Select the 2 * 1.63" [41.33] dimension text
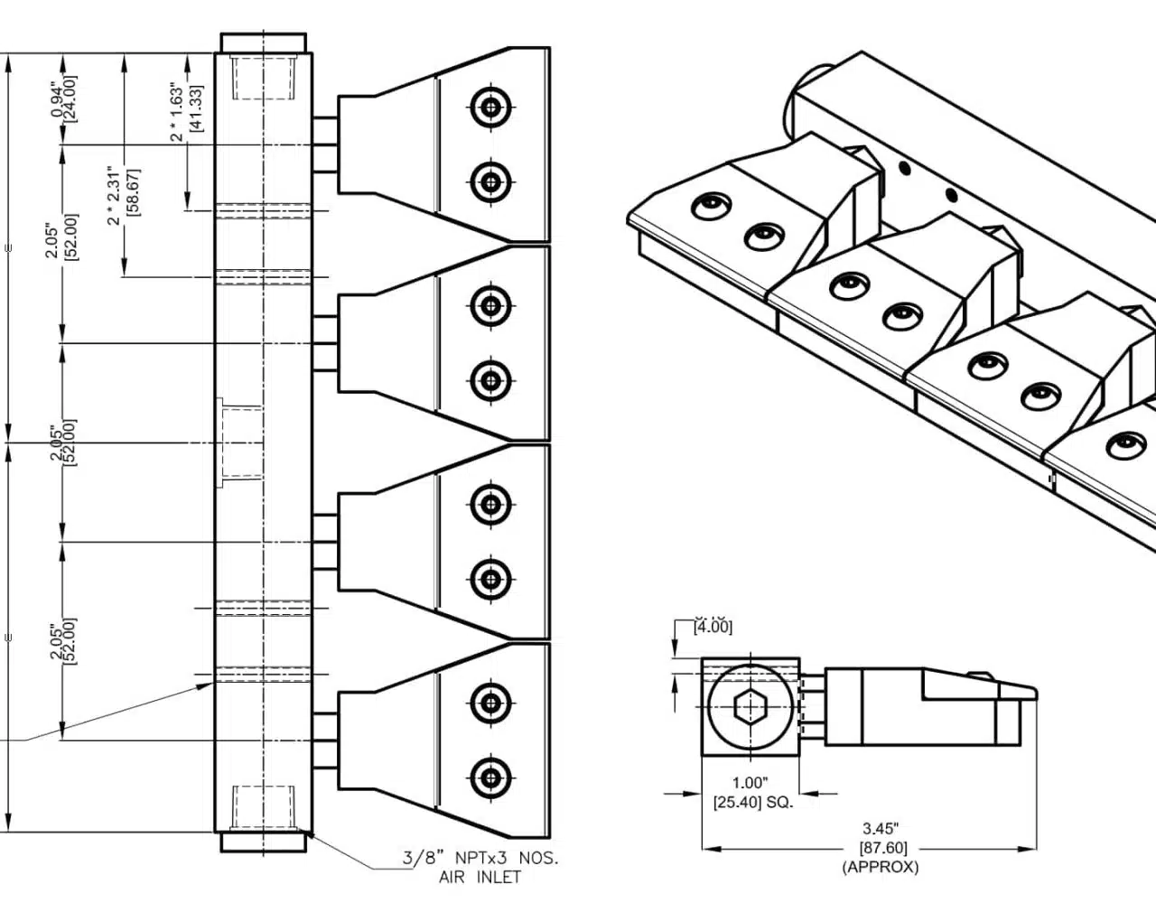186,111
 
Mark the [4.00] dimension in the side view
713,626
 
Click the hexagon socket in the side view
750,709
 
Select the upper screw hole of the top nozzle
490,107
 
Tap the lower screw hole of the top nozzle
490,182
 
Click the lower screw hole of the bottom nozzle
490,777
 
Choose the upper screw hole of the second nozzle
490,305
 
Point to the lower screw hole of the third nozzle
490,579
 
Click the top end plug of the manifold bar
264,42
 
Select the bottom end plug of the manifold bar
264,842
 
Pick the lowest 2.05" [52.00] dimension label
62,639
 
